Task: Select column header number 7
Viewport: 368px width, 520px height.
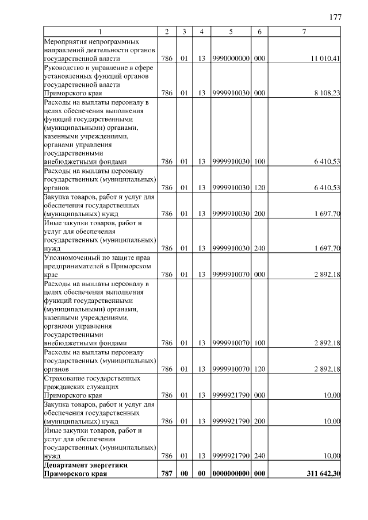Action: (x=304, y=32)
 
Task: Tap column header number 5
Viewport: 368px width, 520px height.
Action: (x=231, y=32)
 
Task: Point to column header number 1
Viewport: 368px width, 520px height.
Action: (x=101, y=32)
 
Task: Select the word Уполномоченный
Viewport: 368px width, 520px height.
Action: (x=71, y=258)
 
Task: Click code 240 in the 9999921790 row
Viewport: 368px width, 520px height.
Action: (x=259, y=456)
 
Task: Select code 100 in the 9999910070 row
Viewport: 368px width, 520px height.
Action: (x=259, y=343)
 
